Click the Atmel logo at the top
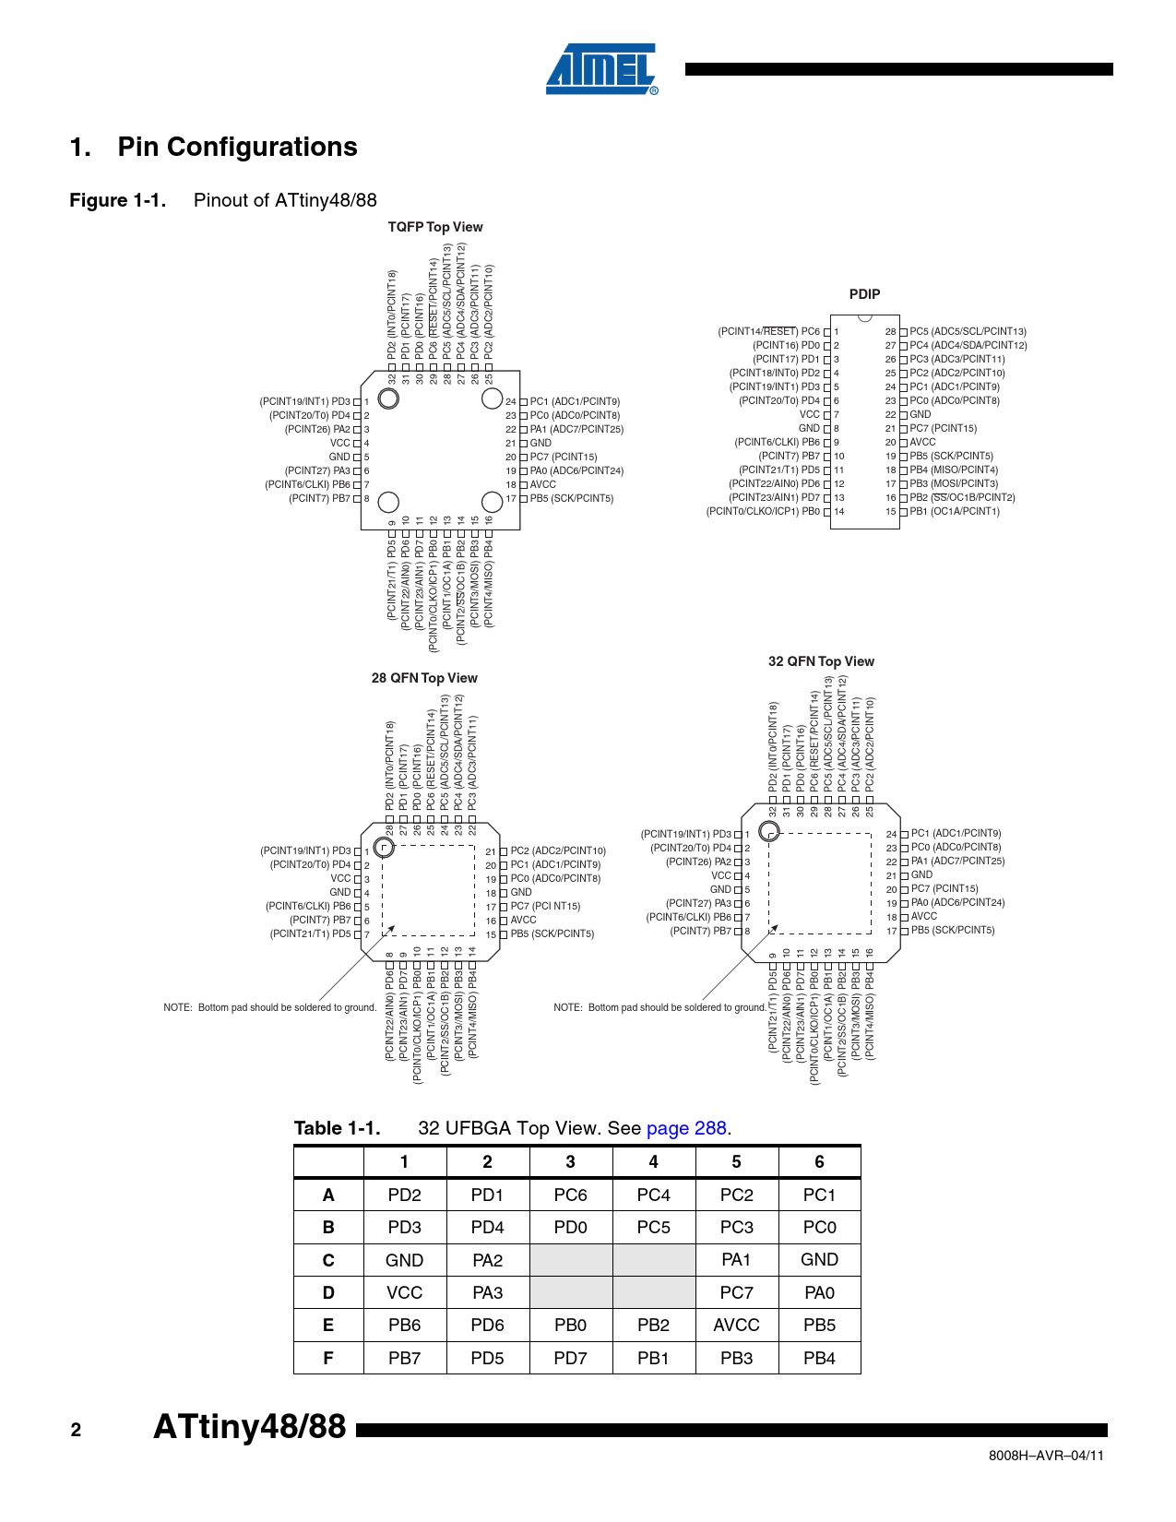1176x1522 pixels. (x=601, y=69)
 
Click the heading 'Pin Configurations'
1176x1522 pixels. (x=237, y=148)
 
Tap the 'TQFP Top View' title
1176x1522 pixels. (x=435, y=227)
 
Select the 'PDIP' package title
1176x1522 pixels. (x=864, y=294)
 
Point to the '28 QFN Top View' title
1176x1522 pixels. (x=424, y=678)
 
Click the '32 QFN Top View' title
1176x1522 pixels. (x=821, y=661)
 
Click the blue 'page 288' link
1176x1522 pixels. (x=686, y=1128)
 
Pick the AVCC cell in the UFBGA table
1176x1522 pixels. (x=736, y=1326)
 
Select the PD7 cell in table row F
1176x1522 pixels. (x=570, y=1358)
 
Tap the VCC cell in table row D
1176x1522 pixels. (x=404, y=1293)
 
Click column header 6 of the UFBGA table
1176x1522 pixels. (x=819, y=1162)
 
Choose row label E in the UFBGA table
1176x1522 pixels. (x=328, y=1326)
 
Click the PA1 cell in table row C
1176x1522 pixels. (x=736, y=1260)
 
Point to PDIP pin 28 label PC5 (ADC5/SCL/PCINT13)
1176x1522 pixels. (x=968, y=331)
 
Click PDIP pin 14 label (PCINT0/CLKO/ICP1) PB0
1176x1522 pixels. (x=763, y=511)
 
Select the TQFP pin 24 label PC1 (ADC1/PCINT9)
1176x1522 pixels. (x=575, y=401)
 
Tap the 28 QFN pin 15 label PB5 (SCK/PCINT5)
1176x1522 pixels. (x=552, y=933)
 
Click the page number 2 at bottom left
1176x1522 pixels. (x=76, y=1431)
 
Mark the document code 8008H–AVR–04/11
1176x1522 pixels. (x=1046, y=1456)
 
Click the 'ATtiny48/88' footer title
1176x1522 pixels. (x=249, y=1427)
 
